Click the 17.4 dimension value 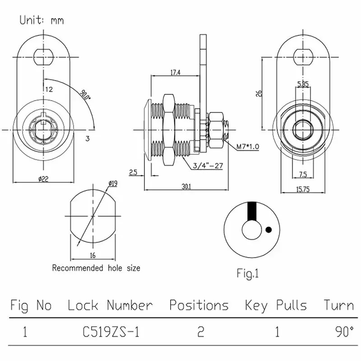point(176,72)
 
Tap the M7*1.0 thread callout point(248,146)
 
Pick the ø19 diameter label point(113,184)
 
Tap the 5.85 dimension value point(302,84)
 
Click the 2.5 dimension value point(133,172)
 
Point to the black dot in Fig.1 point(268,230)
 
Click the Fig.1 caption point(248,273)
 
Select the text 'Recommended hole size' point(96,268)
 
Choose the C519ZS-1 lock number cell point(111,333)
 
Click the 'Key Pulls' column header point(276,305)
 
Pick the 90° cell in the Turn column point(344,332)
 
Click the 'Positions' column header point(199,305)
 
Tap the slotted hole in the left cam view point(44,56)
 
